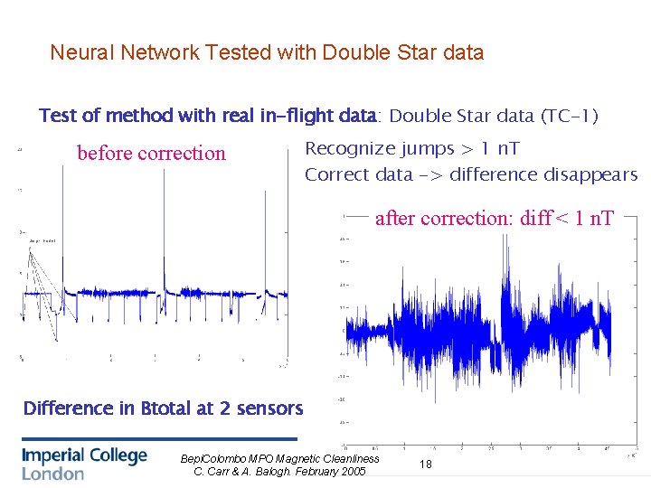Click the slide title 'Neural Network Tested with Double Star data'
tap(267, 52)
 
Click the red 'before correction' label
tap(151, 153)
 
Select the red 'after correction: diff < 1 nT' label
tap(494, 218)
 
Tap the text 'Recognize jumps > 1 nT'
tap(411, 148)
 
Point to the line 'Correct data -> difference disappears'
tap(470, 174)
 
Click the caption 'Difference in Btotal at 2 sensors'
tap(163, 408)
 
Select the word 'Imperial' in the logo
tap(54, 455)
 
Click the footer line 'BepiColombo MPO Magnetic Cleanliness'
tap(280, 459)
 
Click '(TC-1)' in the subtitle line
tap(569, 116)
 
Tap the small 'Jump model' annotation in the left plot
tap(42, 241)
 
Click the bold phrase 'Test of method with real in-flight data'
tap(207, 116)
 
